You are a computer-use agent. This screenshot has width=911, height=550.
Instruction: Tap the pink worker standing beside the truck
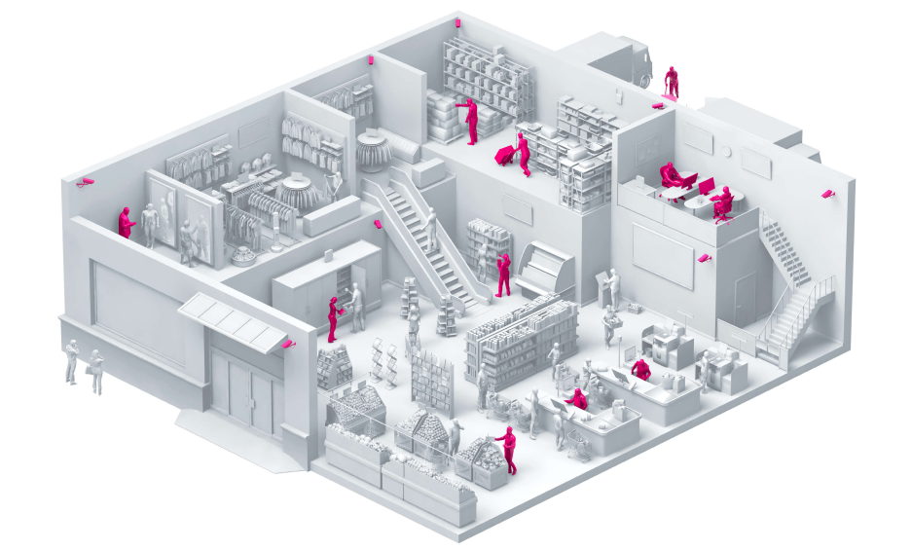pyautogui.click(x=671, y=82)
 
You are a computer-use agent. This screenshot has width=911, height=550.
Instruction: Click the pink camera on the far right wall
pyautogui.click(x=828, y=194)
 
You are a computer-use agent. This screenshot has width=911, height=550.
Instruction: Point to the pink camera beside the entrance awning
pyautogui.click(x=287, y=344)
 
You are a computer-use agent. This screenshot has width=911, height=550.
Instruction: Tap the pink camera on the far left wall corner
pyautogui.click(x=85, y=181)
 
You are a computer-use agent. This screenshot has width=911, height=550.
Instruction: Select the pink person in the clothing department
pyautogui.click(x=126, y=222)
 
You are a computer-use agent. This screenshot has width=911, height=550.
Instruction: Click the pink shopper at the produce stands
pyautogui.click(x=508, y=451)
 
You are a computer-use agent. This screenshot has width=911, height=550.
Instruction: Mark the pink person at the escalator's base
pyautogui.click(x=503, y=275)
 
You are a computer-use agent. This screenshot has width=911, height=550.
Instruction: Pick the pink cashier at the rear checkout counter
pyautogui.click(x=640, y=369)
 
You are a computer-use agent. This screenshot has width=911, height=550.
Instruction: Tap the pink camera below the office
pyautogui.click(x=705, y=259)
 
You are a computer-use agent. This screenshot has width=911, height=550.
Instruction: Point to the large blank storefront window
pyautogui.click(x=135, y=311)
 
